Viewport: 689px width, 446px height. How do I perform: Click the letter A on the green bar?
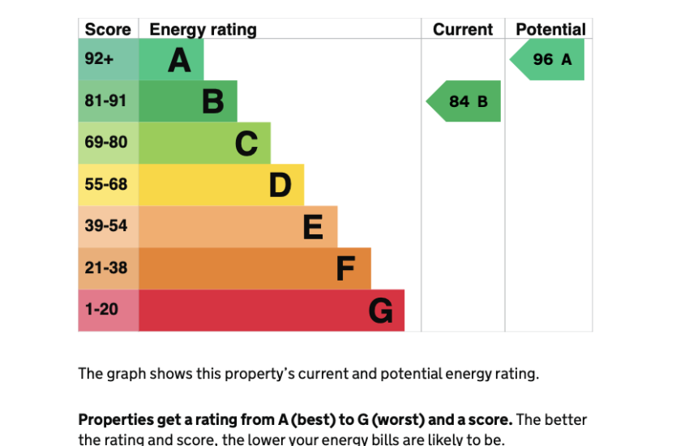179,60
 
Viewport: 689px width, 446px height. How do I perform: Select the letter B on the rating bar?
212,101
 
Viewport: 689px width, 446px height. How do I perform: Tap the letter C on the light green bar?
246,144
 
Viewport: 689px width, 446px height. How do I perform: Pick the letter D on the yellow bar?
280,186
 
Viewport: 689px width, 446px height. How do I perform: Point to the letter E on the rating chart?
313,227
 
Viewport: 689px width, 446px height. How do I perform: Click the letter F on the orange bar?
346,269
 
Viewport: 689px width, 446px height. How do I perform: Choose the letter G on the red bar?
380,311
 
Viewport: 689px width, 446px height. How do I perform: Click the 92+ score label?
99,59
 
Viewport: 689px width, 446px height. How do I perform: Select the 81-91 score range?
106,101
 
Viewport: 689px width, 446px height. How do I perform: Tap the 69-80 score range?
106,143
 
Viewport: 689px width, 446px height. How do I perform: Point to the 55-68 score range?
106,185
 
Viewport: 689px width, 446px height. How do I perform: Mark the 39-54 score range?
106,226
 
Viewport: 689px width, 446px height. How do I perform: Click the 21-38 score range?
106,268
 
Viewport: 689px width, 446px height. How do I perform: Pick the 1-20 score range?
101,310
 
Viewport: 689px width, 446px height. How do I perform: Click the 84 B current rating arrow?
464,101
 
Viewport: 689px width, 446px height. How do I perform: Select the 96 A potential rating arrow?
548,60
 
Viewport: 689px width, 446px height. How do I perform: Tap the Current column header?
463,30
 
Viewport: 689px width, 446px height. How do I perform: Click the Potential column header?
550,30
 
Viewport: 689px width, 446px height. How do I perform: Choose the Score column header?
108,30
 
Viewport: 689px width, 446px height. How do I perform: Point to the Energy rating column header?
203,30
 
